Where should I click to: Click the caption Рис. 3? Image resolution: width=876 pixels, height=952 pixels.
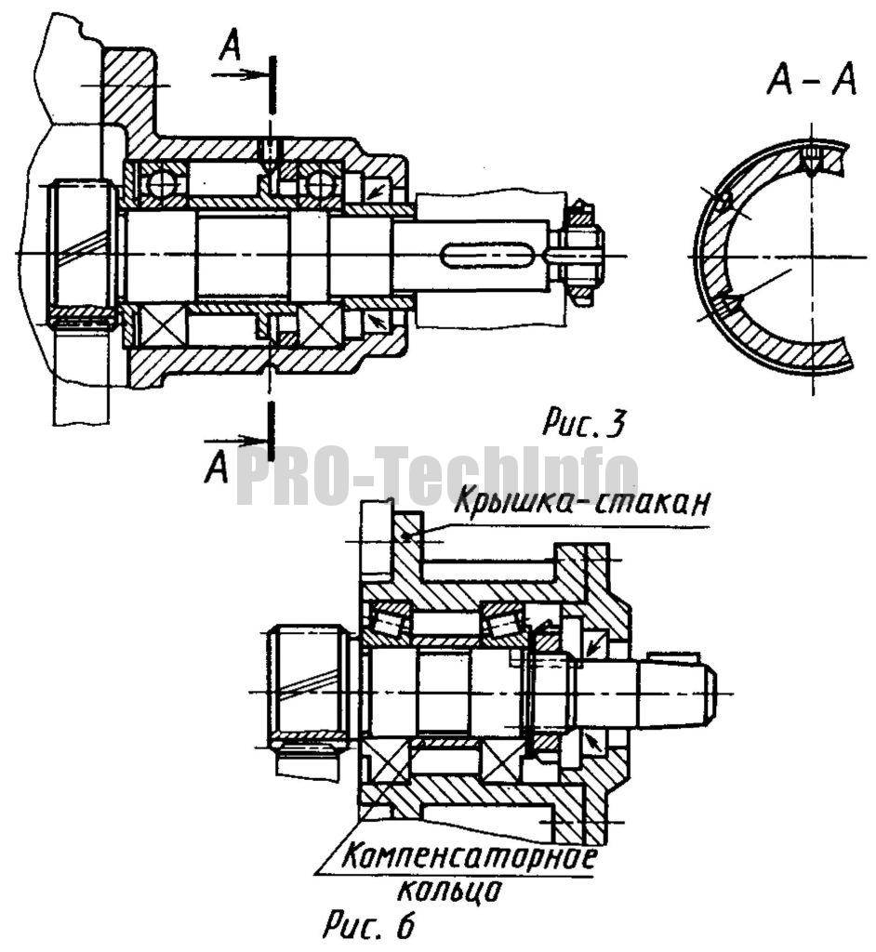tap(582, 423)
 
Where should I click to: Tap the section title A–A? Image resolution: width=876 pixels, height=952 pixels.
tap(812, 80)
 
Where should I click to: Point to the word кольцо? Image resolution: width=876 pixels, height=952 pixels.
tap(449, 890)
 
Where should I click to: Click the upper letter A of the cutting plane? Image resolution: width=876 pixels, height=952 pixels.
tap(230, 46)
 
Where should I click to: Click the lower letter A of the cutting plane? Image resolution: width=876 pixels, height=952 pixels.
tap(217, 468)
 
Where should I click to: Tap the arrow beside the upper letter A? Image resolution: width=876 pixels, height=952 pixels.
tap(240, 74)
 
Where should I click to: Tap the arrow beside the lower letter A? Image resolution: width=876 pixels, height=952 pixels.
tap(234, 440)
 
